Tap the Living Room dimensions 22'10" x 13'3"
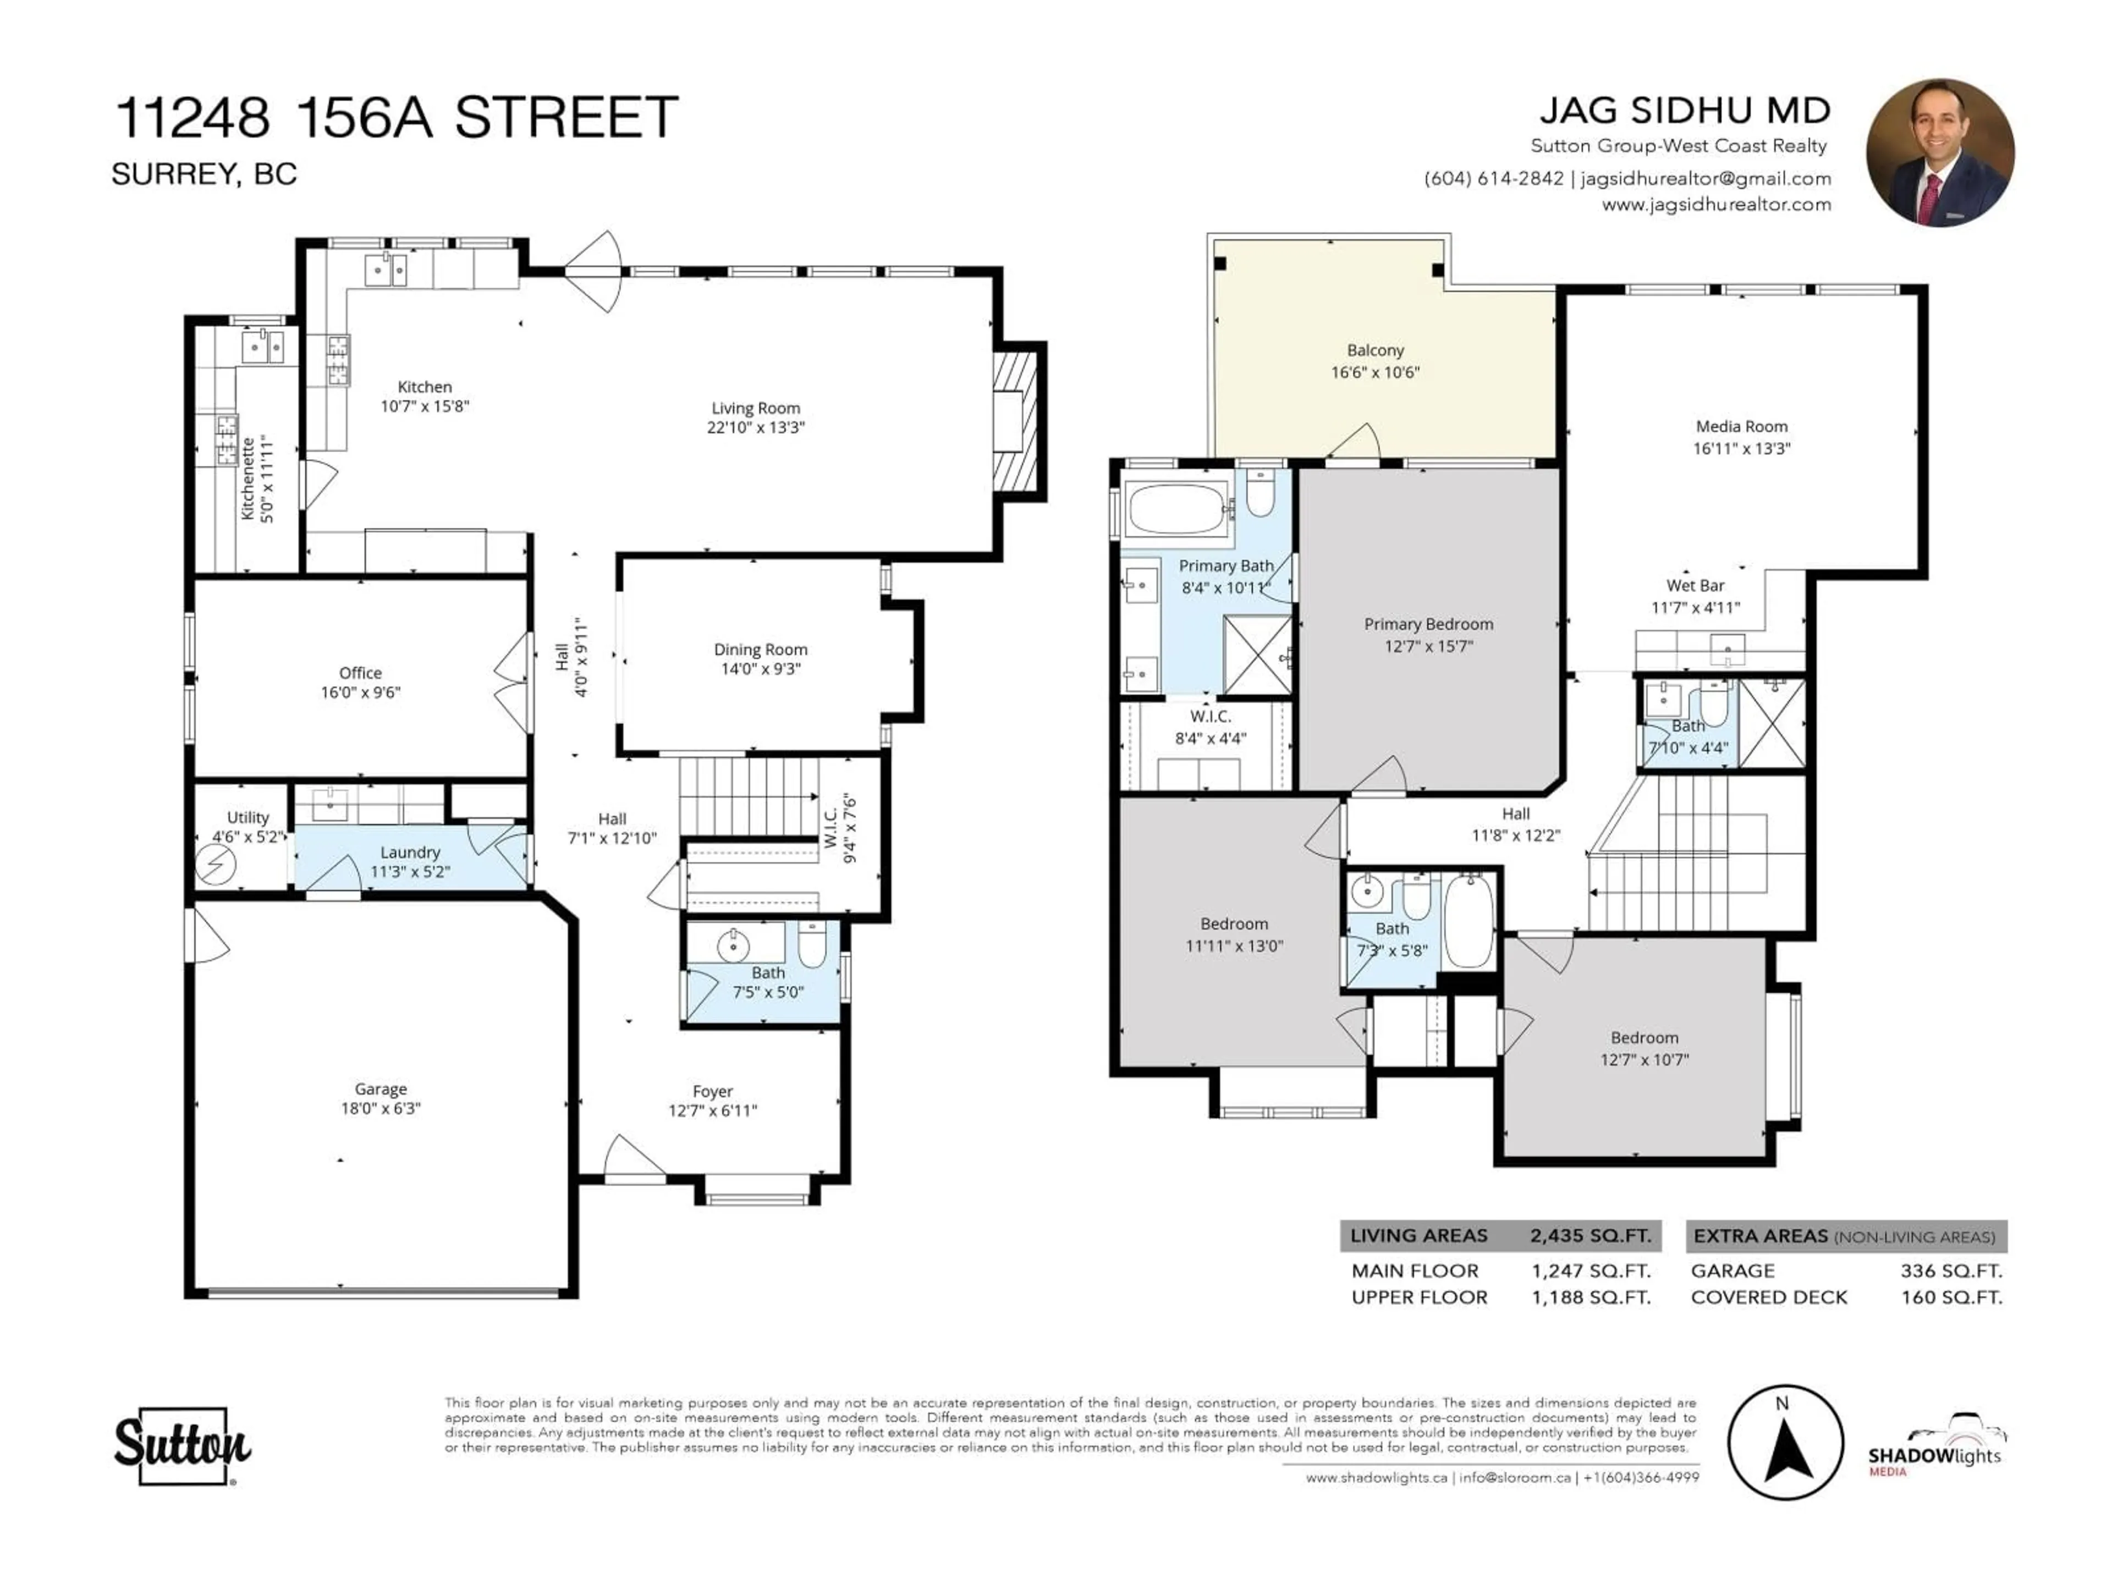click(x=755, y=428)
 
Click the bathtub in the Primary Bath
click(x=1176, y=509)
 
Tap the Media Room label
click(x=1741, y=427)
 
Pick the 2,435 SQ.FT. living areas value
click(x=1590, y=1235)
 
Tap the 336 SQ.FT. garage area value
click(x=1951, y=1271)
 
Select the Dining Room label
click(x=760, y=649)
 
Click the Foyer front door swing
click(x=632, y=1157)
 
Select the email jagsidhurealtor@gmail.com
click(x=1705, y=179)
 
